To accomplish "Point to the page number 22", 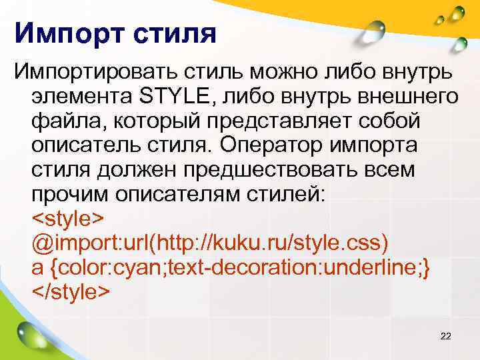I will [x=446, y=336].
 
